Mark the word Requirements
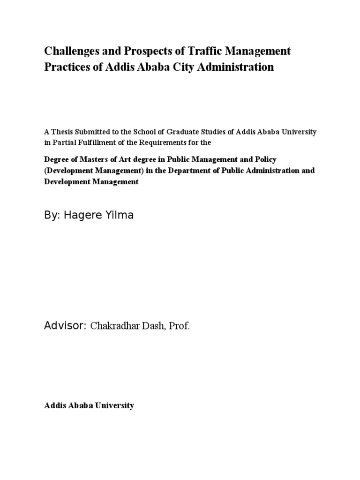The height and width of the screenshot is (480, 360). pyautogui.click(x=176, y=142)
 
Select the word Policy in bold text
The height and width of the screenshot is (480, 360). pyautogui.click(x=266, y=159)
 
